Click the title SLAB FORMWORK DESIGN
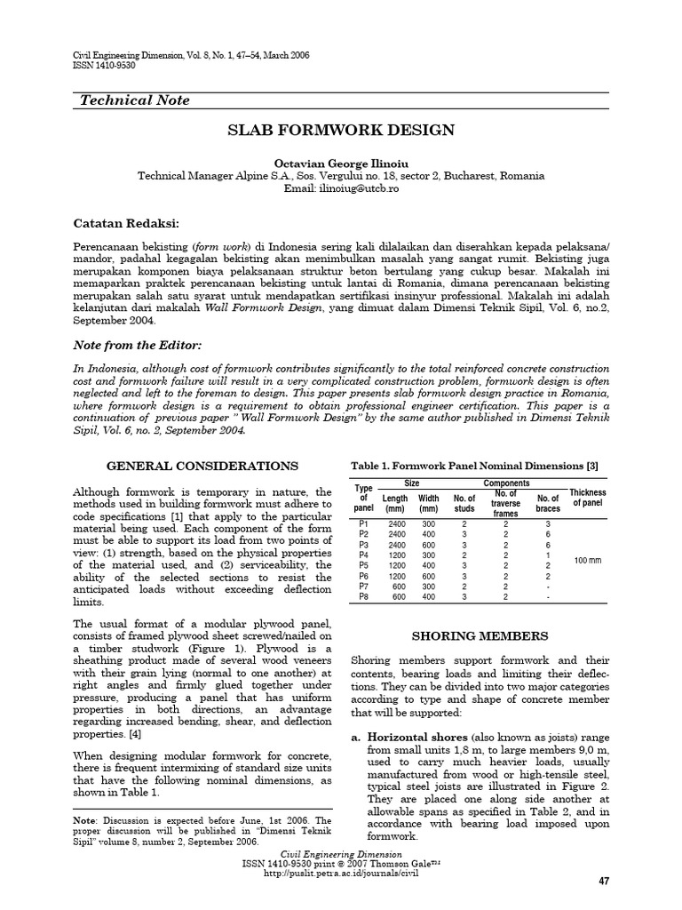tap(341, 131)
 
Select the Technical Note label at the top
tap(135, 100)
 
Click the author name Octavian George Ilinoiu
tap(341, 164)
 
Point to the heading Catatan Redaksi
tap(125, 221)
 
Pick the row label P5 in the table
tap(362, 564)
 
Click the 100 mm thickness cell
tap(588, 560)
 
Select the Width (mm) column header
tap(429, 504)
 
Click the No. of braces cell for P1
tap(548, 525)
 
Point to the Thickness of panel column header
tap(588, 498)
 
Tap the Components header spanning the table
tap(505, 483)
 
